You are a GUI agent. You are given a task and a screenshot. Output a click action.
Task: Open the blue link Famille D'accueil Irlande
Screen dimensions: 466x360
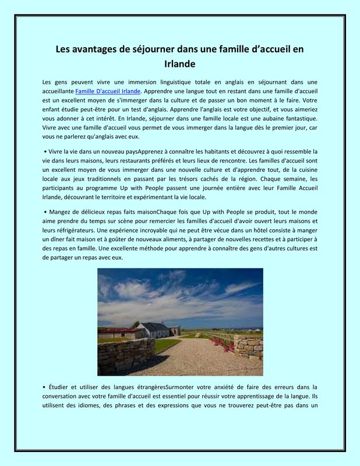pos(108,91)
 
